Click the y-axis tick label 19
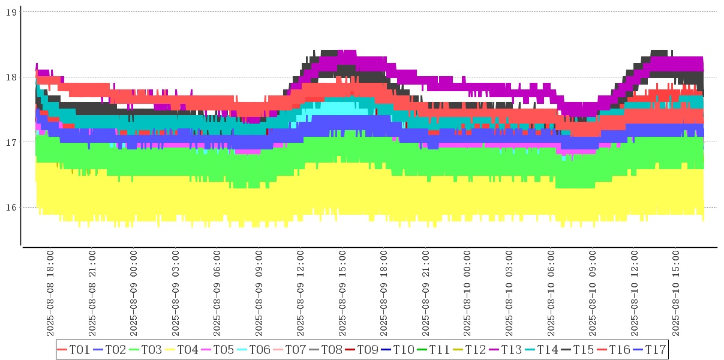(x=10, y=11)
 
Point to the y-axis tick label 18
(x=10, y=77)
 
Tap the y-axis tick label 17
(x=10, y=142)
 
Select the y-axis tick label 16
(x=10, y=208)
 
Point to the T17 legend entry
(x=656, y=349)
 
